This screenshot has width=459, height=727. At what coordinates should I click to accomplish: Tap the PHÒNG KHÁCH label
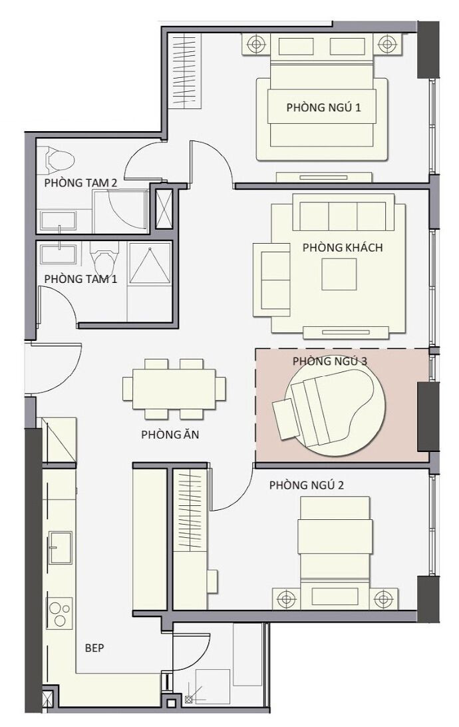click(x=343, y=248)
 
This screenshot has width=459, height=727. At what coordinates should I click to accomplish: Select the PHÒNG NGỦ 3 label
click(x=330, y=361)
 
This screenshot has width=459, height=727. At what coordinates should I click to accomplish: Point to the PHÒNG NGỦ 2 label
click(x=307, y=485)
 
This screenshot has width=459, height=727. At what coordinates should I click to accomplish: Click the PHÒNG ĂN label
click(x=170, y=435)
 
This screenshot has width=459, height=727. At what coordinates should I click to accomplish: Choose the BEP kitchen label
click(x=95, y=647)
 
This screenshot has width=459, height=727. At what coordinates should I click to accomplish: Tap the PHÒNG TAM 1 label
click(x=80, y=279)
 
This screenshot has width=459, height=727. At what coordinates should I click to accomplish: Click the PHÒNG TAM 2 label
click(x=80, y=182)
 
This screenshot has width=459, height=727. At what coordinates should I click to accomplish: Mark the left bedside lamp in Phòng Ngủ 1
click(x=255, y=45)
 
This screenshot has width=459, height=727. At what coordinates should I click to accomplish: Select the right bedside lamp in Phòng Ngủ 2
click(x=382, y=599)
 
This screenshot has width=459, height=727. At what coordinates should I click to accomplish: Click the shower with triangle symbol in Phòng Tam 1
click(x=150, y=263)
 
